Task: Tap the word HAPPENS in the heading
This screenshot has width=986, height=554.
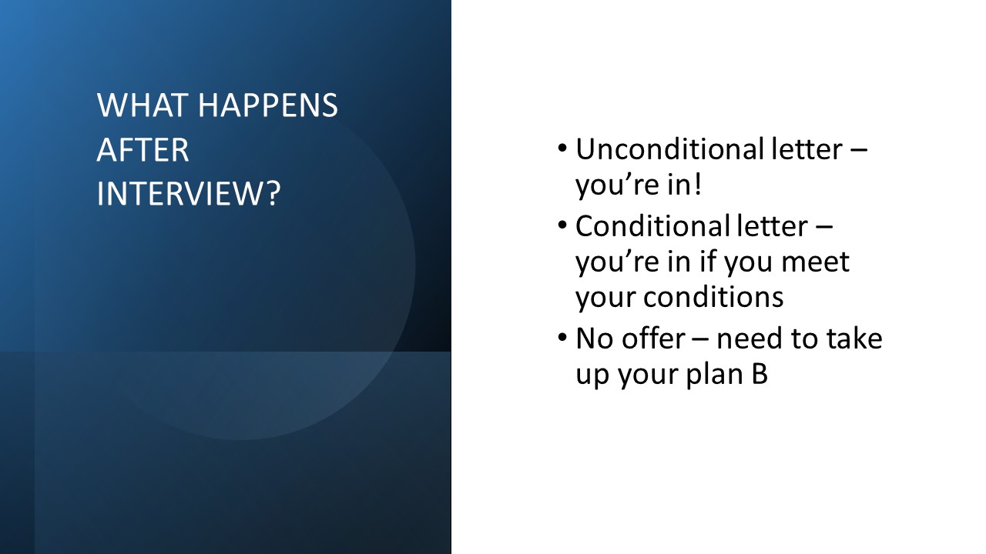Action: click(x=268, y=105)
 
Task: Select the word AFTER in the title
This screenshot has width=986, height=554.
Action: click(x=143, y=150)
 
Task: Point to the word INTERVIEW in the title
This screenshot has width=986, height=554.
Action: click(x=180, y=193)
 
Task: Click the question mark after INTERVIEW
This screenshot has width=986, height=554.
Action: click(x=273, y=193)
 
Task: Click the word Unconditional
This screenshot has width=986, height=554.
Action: click(x=669, y=149)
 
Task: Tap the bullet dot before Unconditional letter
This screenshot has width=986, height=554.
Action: click(x=562, y=149)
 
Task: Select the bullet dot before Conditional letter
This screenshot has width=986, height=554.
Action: click(x=562, y=225)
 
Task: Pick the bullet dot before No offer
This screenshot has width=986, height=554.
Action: click(x=562, y=338)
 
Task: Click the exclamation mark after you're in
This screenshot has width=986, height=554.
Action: click(x=697, y=184)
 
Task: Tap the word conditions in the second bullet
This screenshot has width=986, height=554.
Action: click(x=713, y=297)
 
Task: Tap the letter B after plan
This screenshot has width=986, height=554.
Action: click(x=760, y=374)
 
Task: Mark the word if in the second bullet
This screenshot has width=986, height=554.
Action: click(x=706, y=261)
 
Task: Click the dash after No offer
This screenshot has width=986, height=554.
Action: click(x=701, y=340)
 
